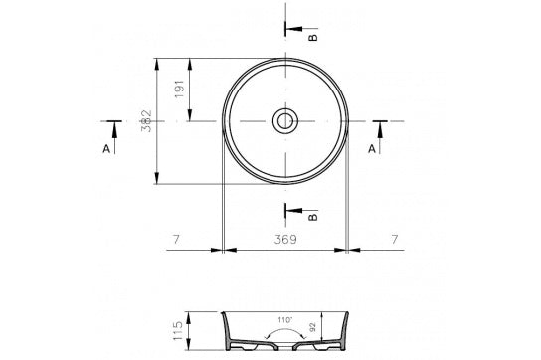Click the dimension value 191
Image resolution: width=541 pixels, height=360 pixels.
pos(177,90)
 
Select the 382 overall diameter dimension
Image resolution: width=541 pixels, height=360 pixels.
pos(145,121)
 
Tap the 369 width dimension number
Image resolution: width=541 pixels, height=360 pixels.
pos(284,240)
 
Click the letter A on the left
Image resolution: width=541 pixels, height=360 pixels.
pos(106,148)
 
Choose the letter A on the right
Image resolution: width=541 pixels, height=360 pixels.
pos(372,148)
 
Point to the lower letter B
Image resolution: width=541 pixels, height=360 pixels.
pos(314,215)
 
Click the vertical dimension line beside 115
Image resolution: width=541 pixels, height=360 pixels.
pos(190,329)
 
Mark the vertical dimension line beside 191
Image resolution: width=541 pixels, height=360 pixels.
pos(190,90)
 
